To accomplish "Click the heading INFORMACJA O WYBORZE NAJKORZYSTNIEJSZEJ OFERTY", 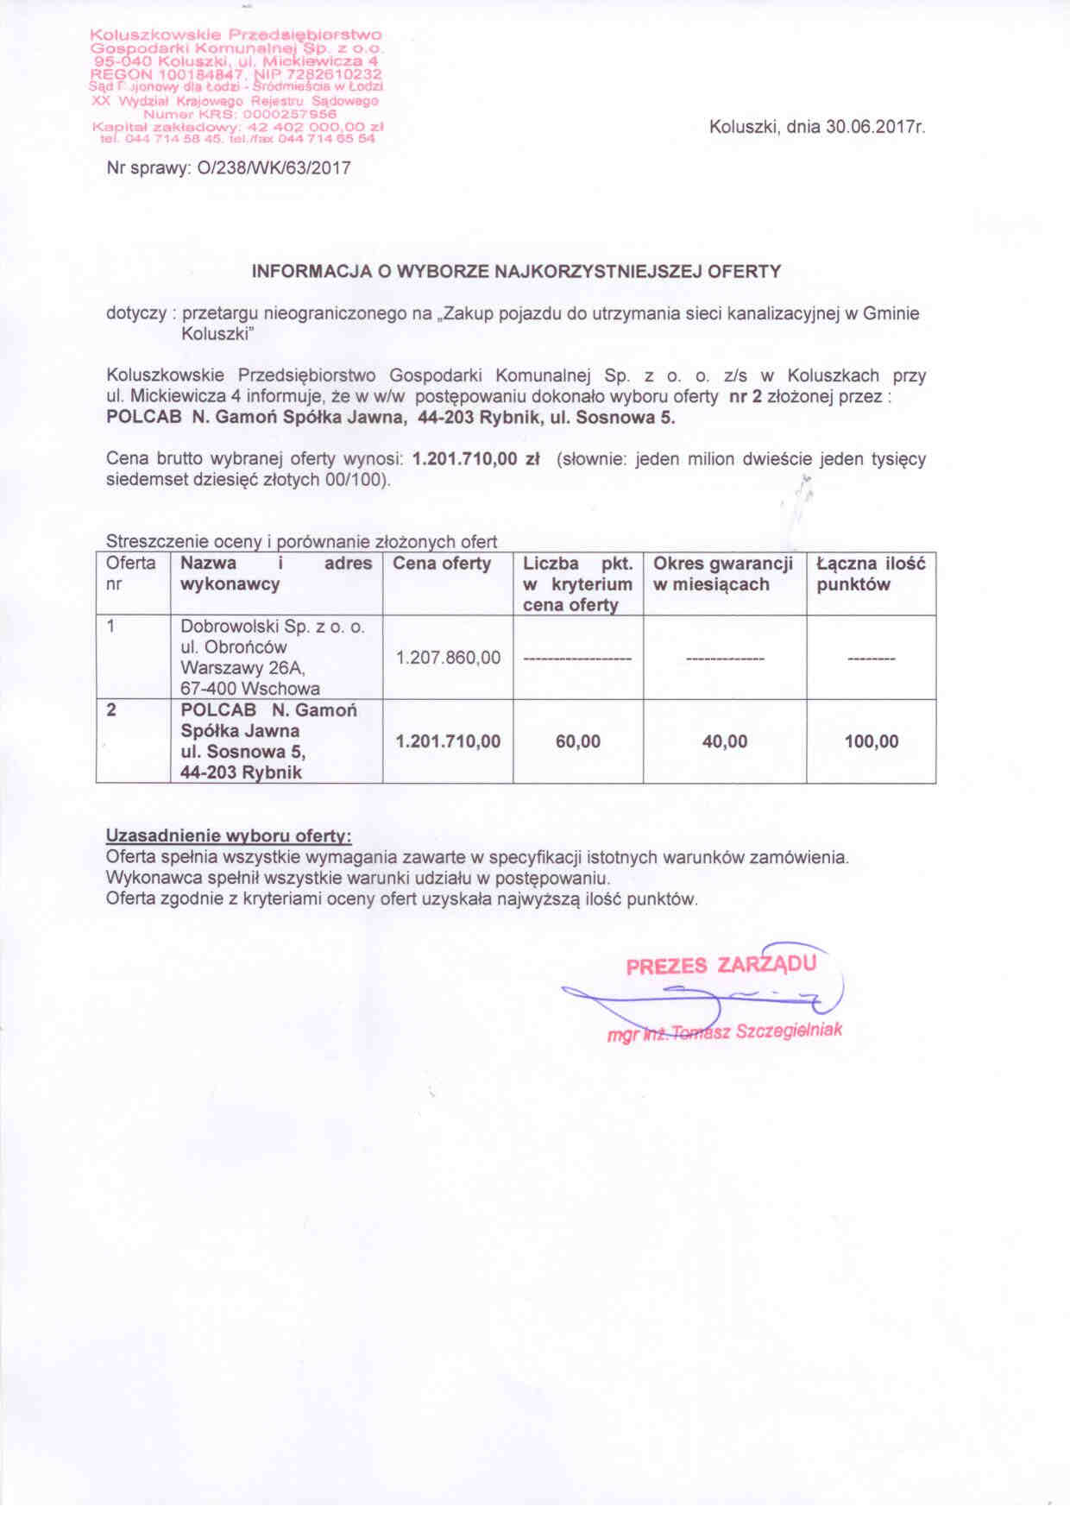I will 516,271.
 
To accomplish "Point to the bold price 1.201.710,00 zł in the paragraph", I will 476,459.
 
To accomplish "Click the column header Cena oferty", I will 442,564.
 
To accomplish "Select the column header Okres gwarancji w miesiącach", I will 723,574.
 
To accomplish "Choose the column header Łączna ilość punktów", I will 871,574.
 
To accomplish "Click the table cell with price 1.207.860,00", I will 448,658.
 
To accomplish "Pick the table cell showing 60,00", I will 578,741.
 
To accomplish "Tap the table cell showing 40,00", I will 725,741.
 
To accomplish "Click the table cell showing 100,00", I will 872,741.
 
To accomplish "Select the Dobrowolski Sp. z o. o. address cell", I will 272,658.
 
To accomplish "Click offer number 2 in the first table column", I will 111,710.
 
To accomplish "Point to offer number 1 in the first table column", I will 111,627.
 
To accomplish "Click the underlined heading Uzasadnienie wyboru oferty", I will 229,836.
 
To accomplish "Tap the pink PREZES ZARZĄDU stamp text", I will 721,965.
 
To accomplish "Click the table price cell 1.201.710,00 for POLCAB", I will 448,741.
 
